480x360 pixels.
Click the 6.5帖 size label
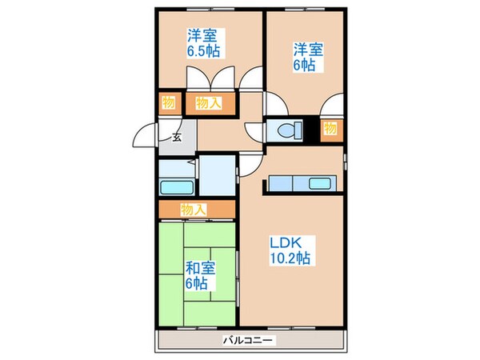(x=204, y=50)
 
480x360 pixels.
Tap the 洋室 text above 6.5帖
(x=204, y=36)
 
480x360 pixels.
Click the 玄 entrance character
(x=176, y=137)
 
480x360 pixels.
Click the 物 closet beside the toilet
(x=330, y=129)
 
